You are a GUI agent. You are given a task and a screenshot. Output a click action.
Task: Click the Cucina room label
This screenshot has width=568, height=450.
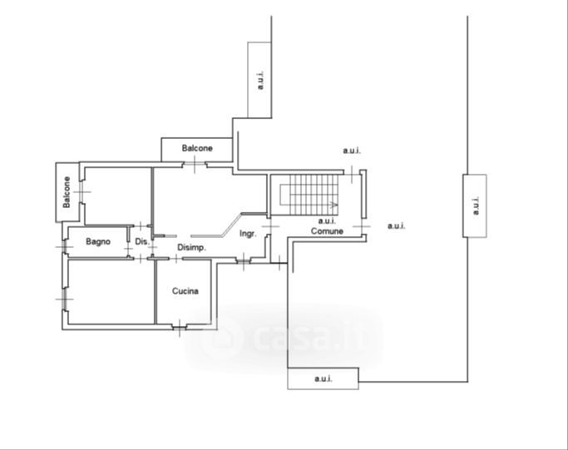(x=185, y=291)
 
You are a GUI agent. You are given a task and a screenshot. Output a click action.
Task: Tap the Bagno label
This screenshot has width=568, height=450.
(x=97, y=242)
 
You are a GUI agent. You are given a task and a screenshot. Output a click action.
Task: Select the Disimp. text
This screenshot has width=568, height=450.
(x=191, y=248)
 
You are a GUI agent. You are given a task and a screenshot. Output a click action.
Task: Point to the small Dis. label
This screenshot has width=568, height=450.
(x=141, y=242)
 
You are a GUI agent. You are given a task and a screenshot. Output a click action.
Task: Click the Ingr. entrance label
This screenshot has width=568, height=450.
(x=248, y=234)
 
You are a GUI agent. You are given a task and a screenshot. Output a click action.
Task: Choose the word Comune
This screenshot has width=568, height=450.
(x=328, y=230)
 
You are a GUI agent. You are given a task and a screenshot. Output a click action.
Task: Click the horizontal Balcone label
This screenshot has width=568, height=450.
(x=197, y=148)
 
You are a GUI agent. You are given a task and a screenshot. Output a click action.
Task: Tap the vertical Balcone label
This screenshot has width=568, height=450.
(x=66, y=192)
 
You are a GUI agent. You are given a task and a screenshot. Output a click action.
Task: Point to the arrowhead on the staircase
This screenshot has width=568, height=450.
(x=335, y=204)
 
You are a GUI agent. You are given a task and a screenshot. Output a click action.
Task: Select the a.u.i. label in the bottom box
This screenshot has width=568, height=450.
(x=323, y=379)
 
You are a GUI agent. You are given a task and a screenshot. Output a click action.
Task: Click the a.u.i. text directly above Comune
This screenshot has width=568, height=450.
(x=326, y=220)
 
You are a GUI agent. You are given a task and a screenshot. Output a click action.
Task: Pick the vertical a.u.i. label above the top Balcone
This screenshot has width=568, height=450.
(x=260, y=80)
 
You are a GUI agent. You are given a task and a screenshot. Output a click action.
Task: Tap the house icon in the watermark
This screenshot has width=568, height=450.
(x=222, y=338)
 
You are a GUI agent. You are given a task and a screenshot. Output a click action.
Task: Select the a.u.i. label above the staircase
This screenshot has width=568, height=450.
(x=352, y=151)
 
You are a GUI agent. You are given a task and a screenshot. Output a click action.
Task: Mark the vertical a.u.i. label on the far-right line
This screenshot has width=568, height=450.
(x=475, y=205)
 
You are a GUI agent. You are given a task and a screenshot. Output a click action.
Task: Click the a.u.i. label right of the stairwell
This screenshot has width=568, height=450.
(x=396, y=225)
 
